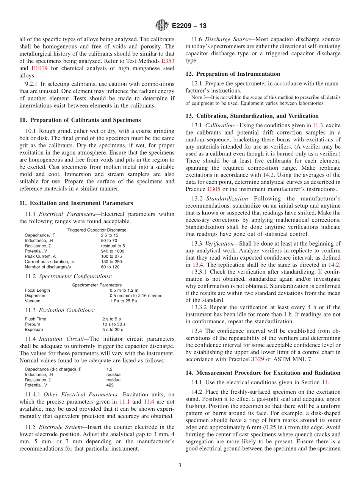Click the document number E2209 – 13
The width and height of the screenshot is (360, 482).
pos(189,26)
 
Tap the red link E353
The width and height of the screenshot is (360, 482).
pos(168,61)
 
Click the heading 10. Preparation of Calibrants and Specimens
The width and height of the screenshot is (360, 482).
pos(80,120)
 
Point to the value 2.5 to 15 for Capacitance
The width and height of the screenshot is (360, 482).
pos(110,235)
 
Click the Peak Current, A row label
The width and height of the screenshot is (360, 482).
pos(40,256)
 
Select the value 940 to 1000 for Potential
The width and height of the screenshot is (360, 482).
pos(113,251)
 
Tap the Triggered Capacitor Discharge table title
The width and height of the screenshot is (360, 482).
pos(97,230)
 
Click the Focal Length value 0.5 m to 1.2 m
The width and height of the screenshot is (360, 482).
pos(124,290)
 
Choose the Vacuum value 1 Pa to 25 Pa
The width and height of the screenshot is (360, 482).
pos(123,301)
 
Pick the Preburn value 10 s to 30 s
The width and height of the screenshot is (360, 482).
pos(114,324)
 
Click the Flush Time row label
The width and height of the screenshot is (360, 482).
pos(35,319)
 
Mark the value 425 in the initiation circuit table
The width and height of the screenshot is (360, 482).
pos(110,385)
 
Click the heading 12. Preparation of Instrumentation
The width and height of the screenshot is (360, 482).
pos(233,74)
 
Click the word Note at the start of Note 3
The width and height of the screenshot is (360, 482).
pos(196,97)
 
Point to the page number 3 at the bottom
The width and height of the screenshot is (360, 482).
pos(180,466)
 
